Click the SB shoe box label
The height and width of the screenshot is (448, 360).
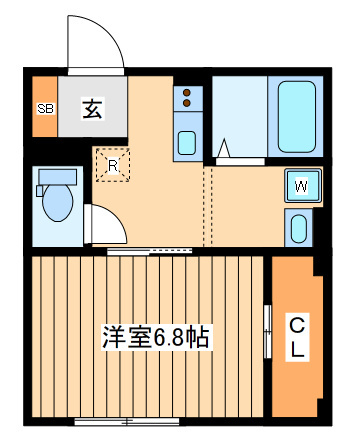tap(46, 108)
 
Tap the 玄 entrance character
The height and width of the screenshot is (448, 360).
tap(92, 108)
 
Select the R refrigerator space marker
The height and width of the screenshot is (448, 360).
tap(113, 165)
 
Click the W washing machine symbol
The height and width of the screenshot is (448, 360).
tap(303, 186)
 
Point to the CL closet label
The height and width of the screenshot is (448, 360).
tap(297, 337)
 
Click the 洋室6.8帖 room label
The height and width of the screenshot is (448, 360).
tap(156, 337)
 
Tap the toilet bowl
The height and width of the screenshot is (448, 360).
tap(58, 202)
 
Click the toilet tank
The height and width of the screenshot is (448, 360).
tap(58, 177)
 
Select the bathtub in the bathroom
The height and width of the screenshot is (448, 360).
tap(297, 117)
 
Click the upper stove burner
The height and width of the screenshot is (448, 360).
tap(187, 92)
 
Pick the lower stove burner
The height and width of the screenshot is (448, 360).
tap(187, 103)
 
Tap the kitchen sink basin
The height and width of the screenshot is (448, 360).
tap(187, 143)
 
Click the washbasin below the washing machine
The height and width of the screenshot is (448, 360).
tap(299, 229)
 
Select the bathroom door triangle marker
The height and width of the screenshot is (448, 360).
tap(224, 148)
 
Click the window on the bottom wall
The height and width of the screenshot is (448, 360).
tap(127, 422)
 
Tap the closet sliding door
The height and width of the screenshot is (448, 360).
tap(268, 331)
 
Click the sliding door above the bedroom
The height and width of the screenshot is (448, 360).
tap(149, 251)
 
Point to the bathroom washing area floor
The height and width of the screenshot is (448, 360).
tap(240, 117)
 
